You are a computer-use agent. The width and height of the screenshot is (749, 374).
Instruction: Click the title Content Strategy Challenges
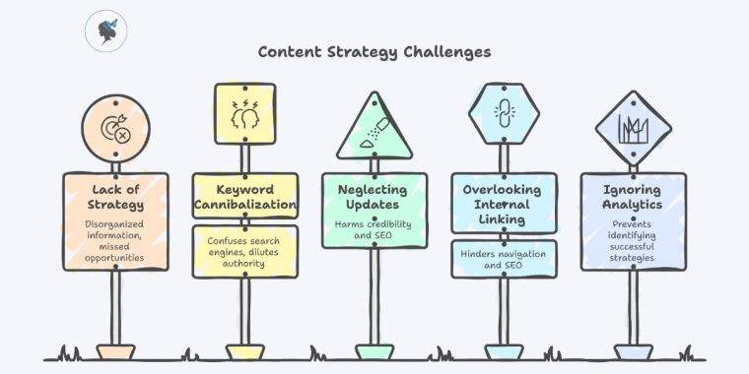click(x=374, y=50)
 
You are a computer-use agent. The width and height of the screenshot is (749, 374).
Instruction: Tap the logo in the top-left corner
click(x=105, y=31)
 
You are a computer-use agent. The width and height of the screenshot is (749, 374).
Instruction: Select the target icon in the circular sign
click(x=115, y=129)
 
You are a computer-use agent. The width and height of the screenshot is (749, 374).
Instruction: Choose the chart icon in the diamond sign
click(x=632, y=130)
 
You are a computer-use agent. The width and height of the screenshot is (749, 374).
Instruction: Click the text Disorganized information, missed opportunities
click(x=115, y=241)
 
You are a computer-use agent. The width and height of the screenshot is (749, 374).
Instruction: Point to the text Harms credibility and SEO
click(x=374, y=228)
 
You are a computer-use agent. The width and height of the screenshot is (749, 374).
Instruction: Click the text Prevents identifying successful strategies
click(x=633, y=241)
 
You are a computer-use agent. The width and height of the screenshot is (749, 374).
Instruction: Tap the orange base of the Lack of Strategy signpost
click(x=115, y=351)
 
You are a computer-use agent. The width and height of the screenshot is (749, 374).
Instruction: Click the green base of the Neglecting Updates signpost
click(x=374, y=351)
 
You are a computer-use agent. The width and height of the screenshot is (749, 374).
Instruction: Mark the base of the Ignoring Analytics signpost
click(x=633, y=351)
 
